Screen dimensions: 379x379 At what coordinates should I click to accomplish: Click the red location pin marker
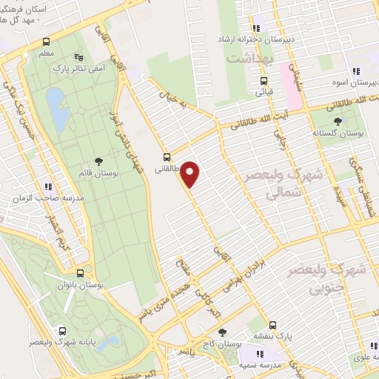click(190, 174)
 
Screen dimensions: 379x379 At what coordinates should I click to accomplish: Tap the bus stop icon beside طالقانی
click(167, 157)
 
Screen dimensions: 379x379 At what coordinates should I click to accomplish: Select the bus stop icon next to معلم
click(47, 42)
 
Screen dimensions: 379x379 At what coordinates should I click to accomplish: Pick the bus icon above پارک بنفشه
click(273, 324)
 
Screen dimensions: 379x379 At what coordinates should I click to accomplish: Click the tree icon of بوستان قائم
click(98, 161)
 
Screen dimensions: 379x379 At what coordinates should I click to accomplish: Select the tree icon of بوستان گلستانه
click(338, 121)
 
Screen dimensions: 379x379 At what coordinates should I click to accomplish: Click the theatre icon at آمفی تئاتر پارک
click(79, 57)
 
